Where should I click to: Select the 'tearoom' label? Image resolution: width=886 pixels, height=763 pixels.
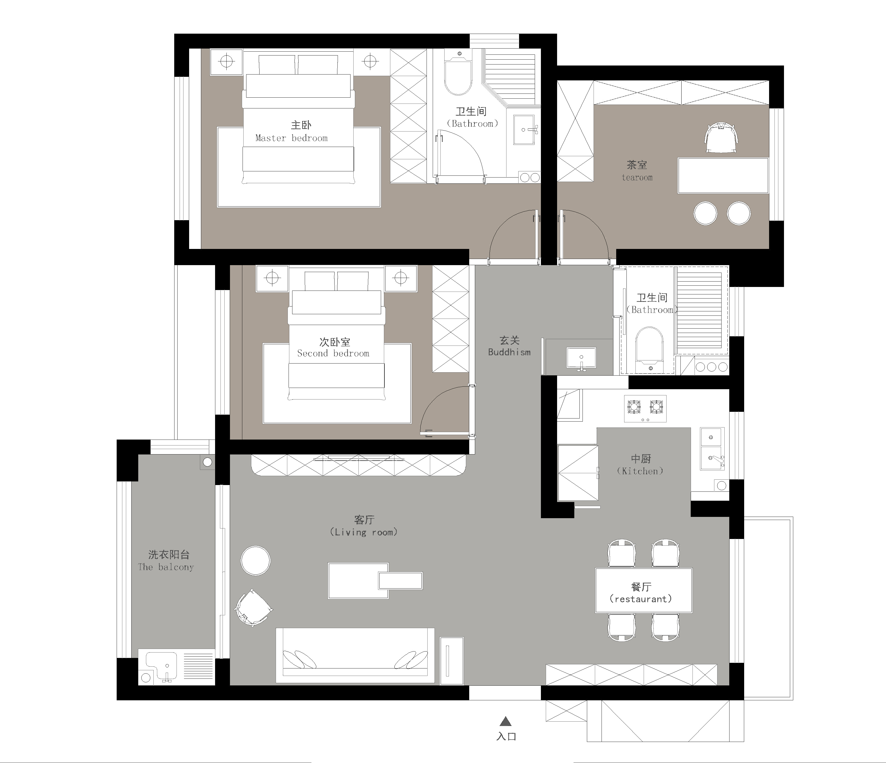pos(637,178)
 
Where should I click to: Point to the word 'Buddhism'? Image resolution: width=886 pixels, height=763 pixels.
pos(509,352)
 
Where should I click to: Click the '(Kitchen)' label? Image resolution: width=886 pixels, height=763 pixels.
pos(640,471)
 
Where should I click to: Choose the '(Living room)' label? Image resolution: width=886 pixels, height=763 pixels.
pos(363,532)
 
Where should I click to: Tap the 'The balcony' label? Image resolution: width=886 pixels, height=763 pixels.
pos(166,567)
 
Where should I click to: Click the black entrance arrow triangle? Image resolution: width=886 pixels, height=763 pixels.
pos(506,722)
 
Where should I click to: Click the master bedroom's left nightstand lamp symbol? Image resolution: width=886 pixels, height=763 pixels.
pos(227,62)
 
